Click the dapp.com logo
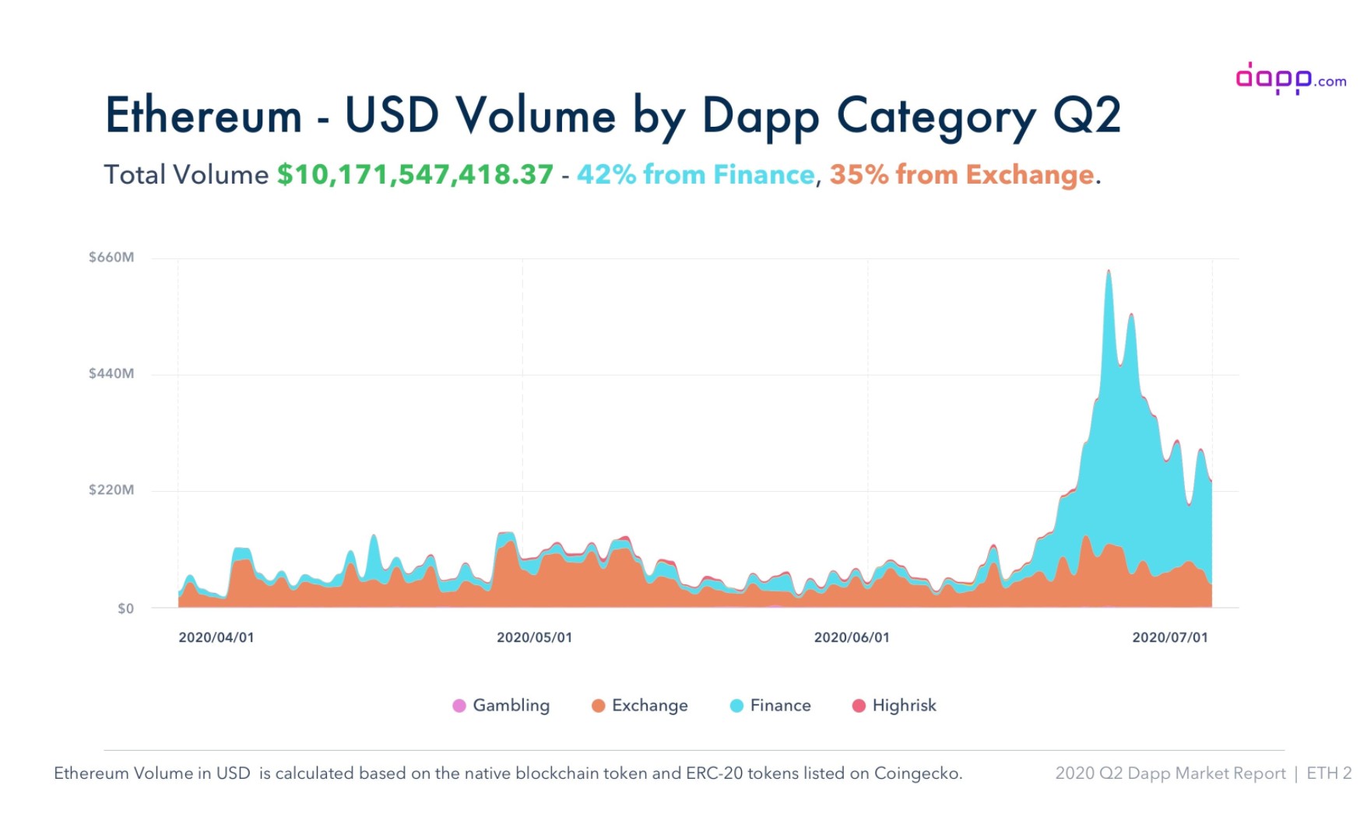coord(1290,79)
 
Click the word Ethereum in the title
coord(203,116)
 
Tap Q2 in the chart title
coord(1087,116)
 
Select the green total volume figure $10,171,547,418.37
coord(415,174)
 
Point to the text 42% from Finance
coord(695,174)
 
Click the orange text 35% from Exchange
coord(961,174)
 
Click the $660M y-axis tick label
coord(111,258)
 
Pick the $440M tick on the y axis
coord(111,373)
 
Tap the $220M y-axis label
coord(111,490)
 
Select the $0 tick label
coord(125,608)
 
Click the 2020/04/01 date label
coord(216,638)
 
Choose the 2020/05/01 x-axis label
coord(534,638)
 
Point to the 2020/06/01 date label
coord(852,638)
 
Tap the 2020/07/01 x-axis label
coord(1170,638)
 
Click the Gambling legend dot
coord(459,706)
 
